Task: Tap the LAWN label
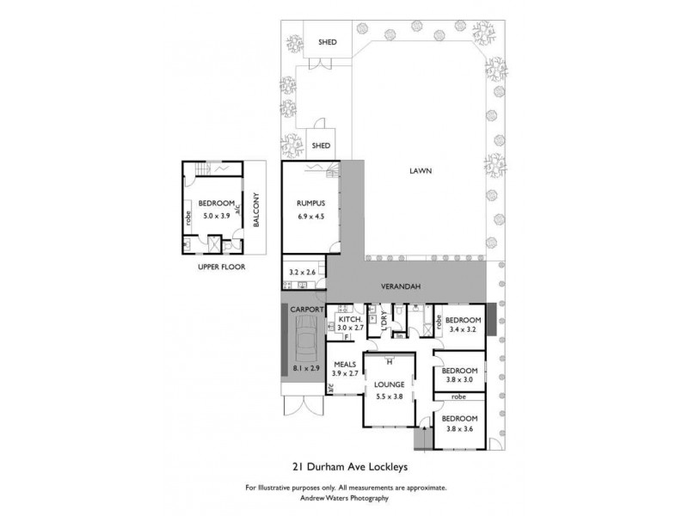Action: click(x=420, y=170)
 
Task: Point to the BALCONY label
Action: click(x=255, y=210)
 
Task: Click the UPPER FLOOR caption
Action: click(x=220, y=267)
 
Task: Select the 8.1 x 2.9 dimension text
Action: click(x=305, y=368)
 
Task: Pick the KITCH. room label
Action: click(x=349, y=318)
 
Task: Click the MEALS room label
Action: click(x=345, y=364)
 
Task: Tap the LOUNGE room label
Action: click(x=390, y=384)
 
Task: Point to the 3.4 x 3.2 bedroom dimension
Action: click(x=462, y=329)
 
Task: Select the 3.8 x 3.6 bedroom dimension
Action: click(x=459, y=429)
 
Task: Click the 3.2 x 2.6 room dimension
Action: click(x=302, y=273)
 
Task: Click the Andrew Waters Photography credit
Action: click(x=345, y=497)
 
